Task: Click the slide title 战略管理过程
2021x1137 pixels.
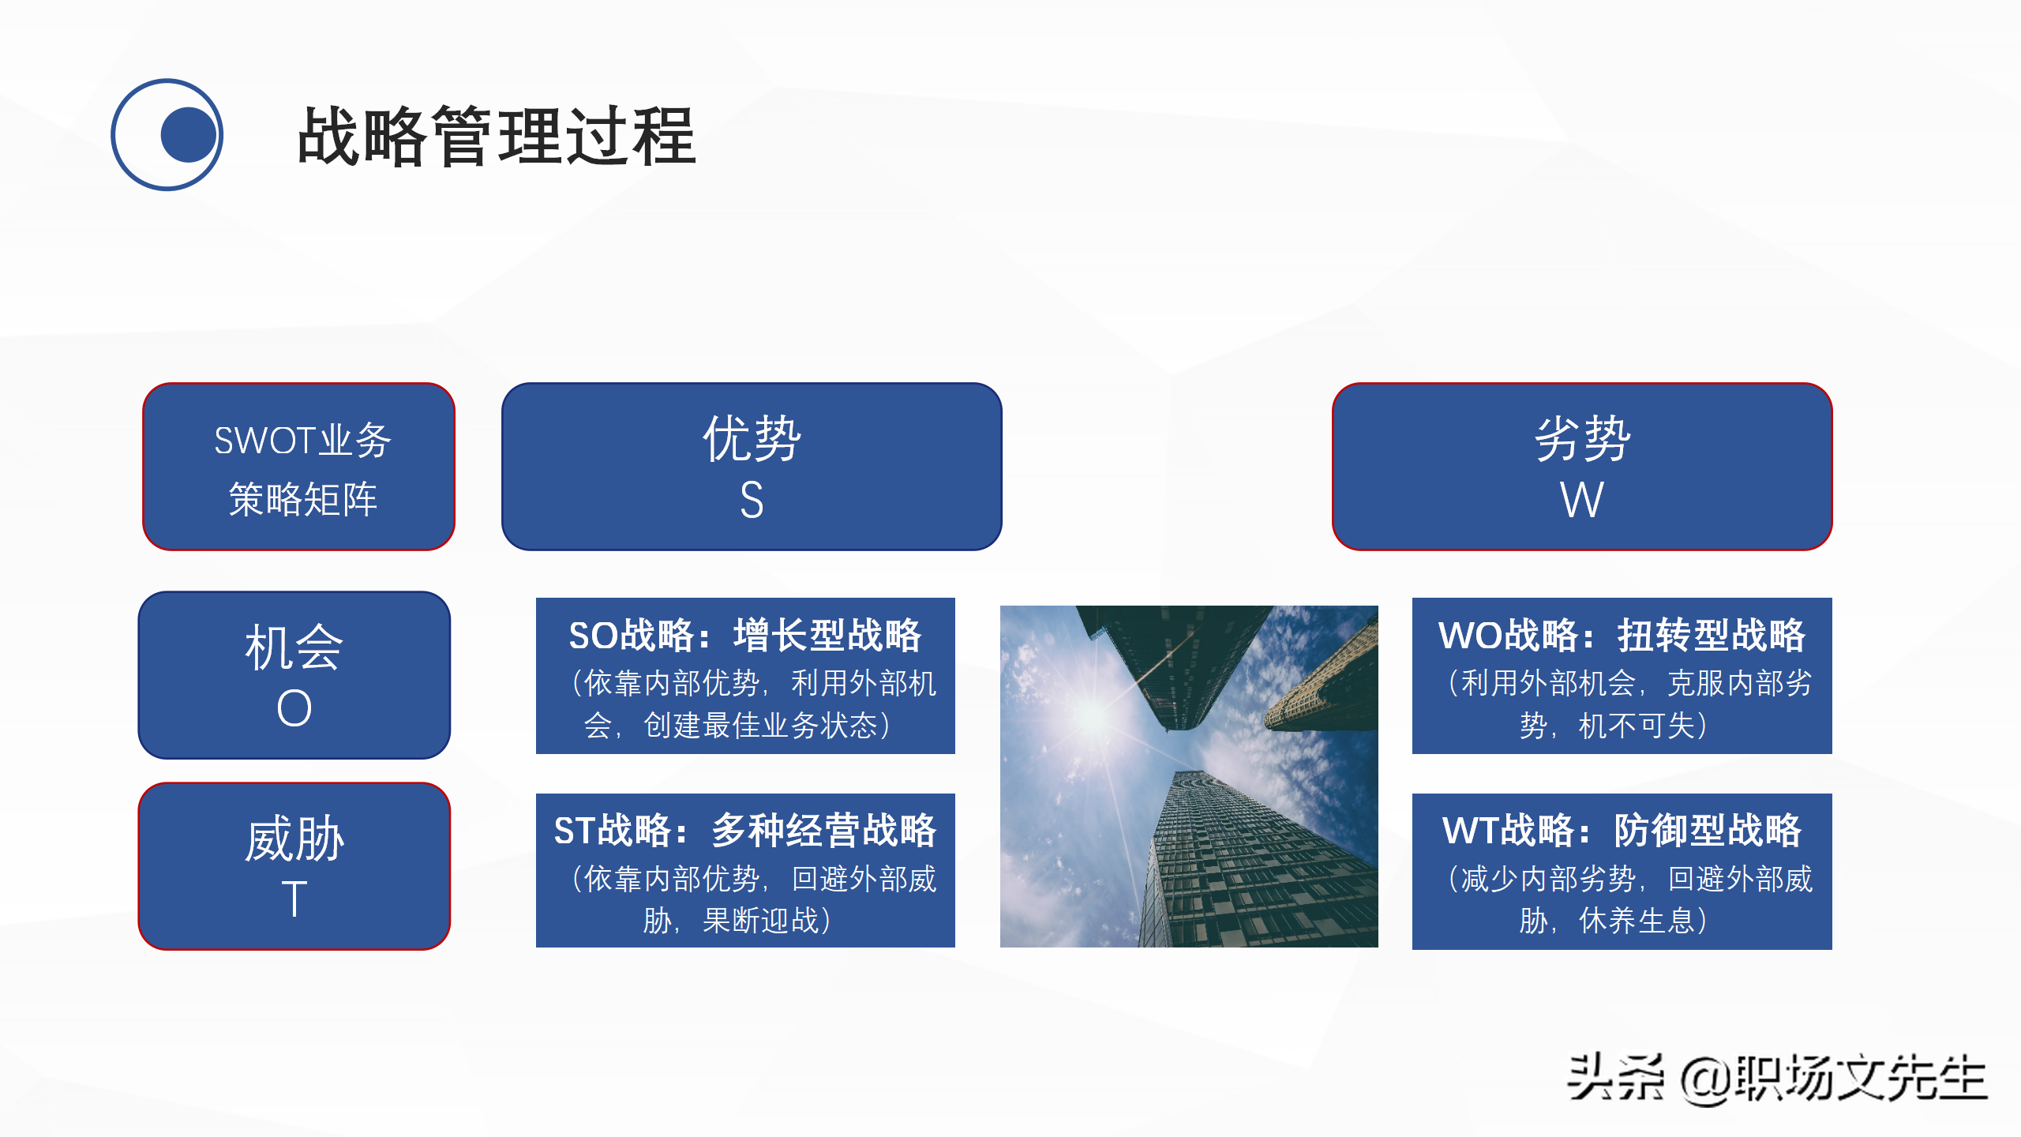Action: tap(496, 137)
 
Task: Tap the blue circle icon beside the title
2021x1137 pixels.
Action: tap(167, 135)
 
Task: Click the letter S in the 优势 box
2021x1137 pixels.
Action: tap(752, 500)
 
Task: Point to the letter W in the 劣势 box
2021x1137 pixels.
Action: tap(1581, 500)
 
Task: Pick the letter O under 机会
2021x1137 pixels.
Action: tap(294, 708)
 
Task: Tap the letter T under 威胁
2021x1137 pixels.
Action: tap(294, 899)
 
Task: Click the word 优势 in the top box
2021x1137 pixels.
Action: tap(752, 438)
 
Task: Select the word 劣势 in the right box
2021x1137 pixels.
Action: tap(1582, 438)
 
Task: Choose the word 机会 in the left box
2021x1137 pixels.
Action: tap(294, 647)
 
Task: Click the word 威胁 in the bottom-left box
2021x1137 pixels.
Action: tap(294, 839)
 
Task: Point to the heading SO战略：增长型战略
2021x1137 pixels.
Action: tap(744, 636)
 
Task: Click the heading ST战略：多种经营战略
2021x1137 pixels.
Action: tap(744, 831)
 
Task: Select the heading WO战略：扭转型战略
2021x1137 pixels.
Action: tap(1622, 636)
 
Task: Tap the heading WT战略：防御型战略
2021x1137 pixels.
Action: tap(1622, 831)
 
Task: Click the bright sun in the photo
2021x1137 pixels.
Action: tap(1094, 715)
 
